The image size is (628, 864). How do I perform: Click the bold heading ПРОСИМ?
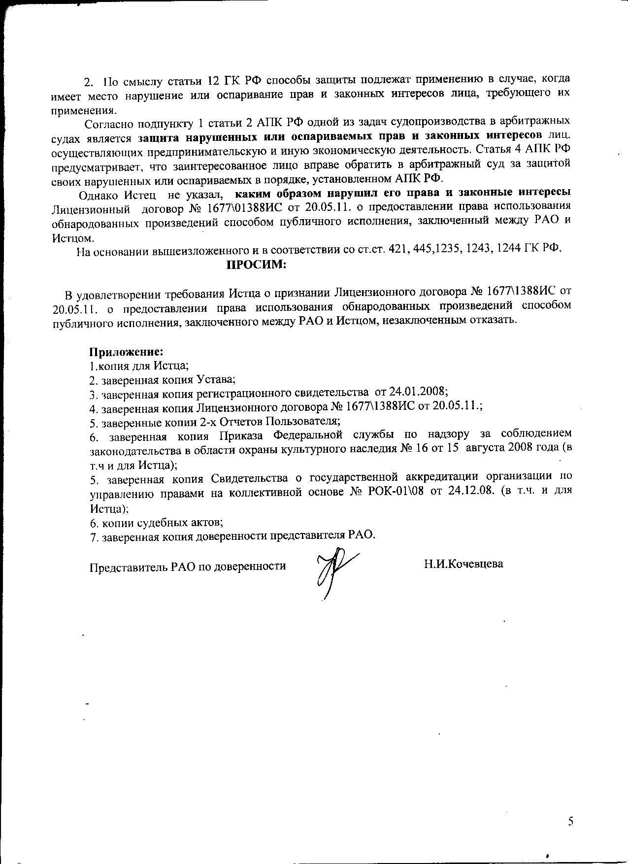coord(256,265)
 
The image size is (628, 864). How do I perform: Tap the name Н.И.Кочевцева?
coord(463,564)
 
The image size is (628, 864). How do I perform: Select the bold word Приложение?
coord(126,352)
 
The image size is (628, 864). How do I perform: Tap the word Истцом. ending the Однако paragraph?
coord(72,238)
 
